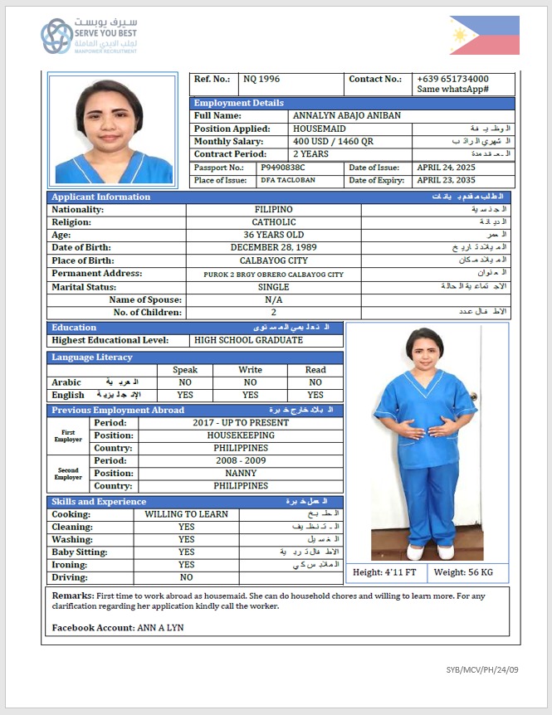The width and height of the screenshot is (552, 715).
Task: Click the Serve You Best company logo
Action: tap(89, 36)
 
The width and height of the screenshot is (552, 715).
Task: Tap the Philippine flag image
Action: tap(485, 35)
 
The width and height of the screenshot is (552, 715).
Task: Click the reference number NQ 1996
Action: tap(261, 80)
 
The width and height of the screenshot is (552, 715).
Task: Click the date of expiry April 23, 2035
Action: tap(446, 181)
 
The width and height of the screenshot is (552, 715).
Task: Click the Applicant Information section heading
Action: tap(101, 197)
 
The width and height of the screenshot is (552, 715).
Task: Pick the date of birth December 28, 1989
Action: tap(273, 248)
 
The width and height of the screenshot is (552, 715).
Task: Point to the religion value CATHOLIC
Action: tap(274, 222)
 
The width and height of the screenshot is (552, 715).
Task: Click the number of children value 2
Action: tap(273, 313)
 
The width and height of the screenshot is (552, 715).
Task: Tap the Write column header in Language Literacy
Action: tap(250, 370)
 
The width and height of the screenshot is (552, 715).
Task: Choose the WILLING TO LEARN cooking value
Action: tap(186, 514)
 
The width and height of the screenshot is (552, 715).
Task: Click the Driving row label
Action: tap(70, 577)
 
